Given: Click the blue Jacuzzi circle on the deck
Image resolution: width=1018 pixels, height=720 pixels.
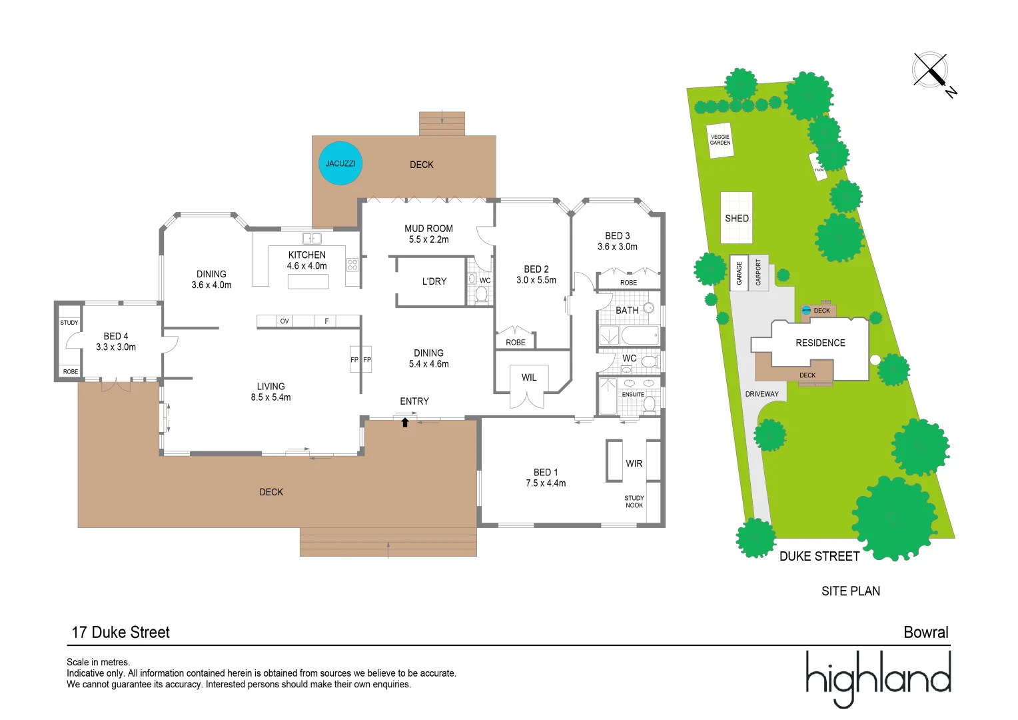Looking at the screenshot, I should coord(340,163).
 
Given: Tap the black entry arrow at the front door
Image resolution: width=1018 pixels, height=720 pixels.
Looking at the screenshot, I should coord(405,422).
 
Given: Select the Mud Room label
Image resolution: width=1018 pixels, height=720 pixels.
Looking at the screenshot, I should coord(428,233).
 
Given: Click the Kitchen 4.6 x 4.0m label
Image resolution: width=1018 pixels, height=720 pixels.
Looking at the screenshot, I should coord(307,260).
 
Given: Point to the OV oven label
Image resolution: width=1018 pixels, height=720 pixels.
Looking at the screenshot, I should coord(284,321).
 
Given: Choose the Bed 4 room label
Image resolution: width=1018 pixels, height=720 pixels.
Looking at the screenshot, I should coord(116,341).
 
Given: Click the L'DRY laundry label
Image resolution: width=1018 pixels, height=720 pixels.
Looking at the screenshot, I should coord(434,281).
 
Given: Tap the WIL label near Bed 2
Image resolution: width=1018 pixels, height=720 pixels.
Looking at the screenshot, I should coord(529,377).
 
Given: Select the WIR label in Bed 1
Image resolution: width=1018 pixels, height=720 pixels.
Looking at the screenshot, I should coord(634,463).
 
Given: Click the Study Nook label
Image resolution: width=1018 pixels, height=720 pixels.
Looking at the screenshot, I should coord(634,501).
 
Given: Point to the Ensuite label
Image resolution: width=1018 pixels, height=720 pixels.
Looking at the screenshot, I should coord(633,394).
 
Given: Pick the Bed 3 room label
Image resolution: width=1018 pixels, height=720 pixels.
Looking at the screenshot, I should coord(618,241).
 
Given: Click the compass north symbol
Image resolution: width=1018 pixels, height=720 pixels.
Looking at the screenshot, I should coord(931,71).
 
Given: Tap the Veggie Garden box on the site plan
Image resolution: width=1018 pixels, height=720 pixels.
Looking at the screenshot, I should coord(720,140).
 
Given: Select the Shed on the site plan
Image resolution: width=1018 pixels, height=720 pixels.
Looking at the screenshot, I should coord(737,218).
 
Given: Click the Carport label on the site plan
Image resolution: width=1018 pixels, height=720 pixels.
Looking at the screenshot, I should coord(758,272).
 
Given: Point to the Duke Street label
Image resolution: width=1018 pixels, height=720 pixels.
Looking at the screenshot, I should coord(819,556).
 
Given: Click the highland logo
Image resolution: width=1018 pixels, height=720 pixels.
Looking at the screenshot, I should coord(878,677).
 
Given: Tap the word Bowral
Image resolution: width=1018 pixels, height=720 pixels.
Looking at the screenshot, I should coord(926,632).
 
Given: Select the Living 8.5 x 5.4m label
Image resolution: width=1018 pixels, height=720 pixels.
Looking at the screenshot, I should coord(270,391).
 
